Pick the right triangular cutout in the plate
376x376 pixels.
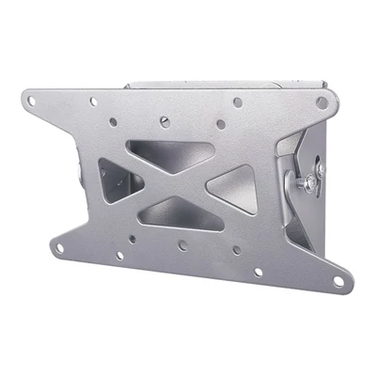point(231,182)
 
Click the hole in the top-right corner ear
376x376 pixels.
point(321,102)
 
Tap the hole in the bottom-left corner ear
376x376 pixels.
point(58,249)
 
